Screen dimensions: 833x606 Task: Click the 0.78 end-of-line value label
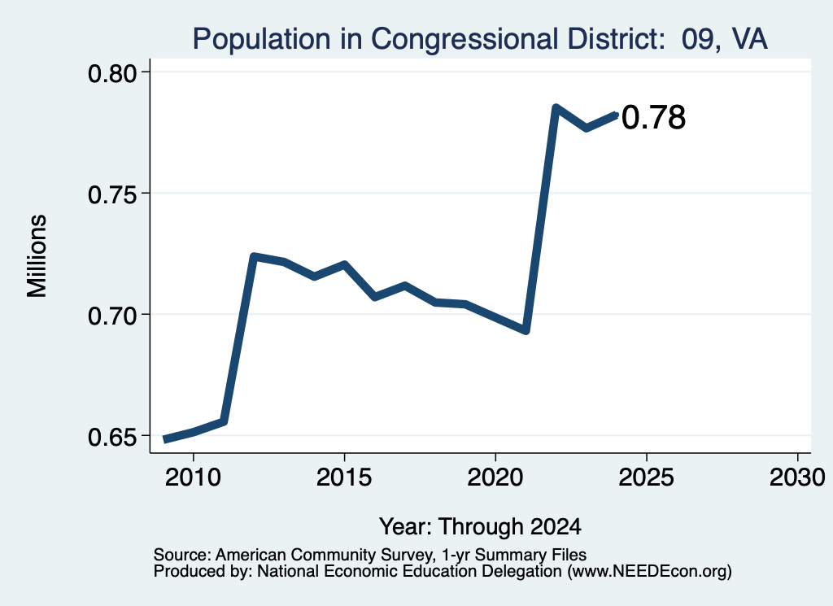[x=653, y=118]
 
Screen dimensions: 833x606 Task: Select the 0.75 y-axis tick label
[x=112, y=195]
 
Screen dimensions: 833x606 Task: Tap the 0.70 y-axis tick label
[x=112, y=316]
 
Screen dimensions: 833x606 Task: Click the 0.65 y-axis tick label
[x=112, y=437]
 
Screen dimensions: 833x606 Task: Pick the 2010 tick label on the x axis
[x=193, y=477]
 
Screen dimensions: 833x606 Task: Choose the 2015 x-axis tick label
[x=344, y=477]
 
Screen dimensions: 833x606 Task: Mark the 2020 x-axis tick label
[x=495, y=477]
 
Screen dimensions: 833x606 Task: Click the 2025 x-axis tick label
[x=647, y=477]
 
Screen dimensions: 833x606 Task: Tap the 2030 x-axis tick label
[x=797, y=477]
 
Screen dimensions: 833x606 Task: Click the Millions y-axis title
[x=37, y=255]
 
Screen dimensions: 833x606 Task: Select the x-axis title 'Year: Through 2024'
[x=480, y=527]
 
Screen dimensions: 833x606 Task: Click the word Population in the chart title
[x=261, y=40]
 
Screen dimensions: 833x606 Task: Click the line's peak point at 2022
[x=556, y=108]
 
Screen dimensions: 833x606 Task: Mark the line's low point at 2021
[x=526, y=330]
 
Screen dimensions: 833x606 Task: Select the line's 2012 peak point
[x=254, y=256]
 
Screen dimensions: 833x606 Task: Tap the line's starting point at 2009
[x=165, y=439]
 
